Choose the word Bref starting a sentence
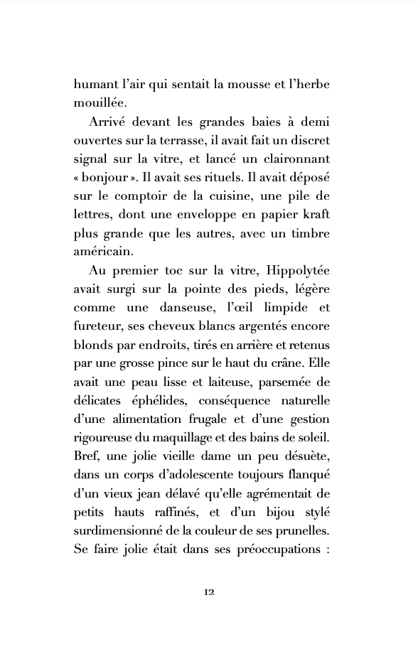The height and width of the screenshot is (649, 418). (x=87, y=454)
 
